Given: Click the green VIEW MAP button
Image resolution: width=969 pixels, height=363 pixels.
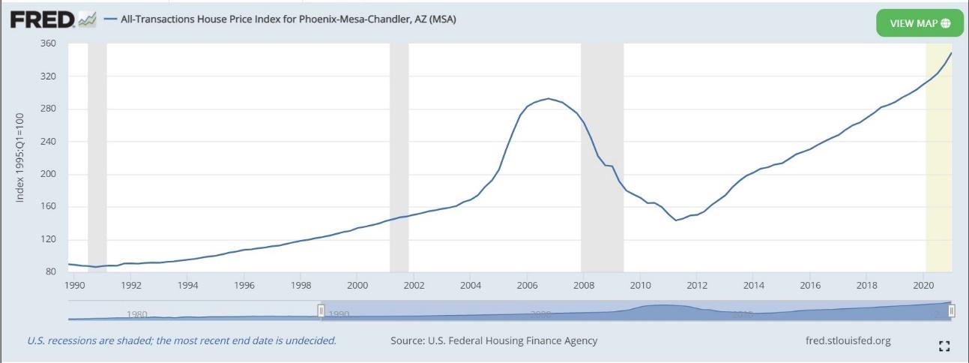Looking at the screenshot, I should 920,23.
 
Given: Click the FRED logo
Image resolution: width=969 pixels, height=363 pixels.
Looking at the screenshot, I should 52,20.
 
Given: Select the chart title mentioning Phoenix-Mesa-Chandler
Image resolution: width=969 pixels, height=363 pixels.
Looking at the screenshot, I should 288,19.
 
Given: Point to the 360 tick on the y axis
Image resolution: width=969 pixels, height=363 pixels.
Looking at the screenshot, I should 48,43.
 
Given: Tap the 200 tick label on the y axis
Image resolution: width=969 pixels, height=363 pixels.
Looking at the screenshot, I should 48,174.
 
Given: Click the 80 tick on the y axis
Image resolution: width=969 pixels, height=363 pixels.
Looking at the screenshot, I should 51,271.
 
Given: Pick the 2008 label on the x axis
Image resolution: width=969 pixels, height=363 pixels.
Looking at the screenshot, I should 584,285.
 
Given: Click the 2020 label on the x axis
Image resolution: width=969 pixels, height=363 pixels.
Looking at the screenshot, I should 923,285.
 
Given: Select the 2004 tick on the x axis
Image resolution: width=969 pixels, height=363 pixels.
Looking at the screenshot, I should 471,285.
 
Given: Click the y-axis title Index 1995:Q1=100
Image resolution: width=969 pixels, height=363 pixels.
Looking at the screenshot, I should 20,157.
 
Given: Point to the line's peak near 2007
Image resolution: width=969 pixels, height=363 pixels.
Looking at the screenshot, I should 549,98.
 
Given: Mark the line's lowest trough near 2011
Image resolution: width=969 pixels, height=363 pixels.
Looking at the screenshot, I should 676,220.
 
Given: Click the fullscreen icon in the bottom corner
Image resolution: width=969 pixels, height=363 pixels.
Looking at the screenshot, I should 944,346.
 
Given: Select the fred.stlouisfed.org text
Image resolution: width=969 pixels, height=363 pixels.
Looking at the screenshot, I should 848,340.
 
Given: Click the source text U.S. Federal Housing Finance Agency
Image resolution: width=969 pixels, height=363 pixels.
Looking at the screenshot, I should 494,340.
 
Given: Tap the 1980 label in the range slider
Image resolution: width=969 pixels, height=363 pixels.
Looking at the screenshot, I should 136,314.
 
